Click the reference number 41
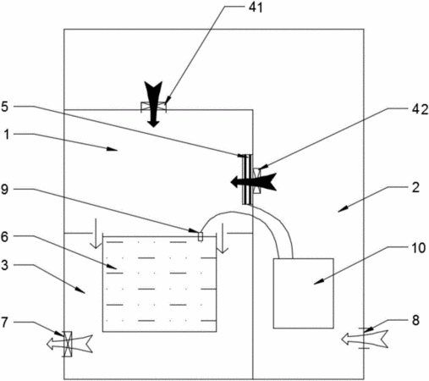(256, 8)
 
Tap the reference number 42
(421, 109)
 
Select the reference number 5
(4, 107)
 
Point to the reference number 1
(7, 135)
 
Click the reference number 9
(4, 190)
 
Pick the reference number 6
(4, 236)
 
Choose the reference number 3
(4, 265)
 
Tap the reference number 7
(4, 323)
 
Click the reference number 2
(415, 187)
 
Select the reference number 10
(418, 248)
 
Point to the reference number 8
(415, 321)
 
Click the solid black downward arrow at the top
(153, 104)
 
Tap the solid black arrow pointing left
(253, 181)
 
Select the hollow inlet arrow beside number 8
(365, 339)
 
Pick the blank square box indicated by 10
(304, 293)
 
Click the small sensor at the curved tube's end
(201, 236)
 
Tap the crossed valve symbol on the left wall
(67, 344)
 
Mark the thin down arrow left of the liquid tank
(96, 234)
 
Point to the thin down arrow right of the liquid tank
(223, 238)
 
